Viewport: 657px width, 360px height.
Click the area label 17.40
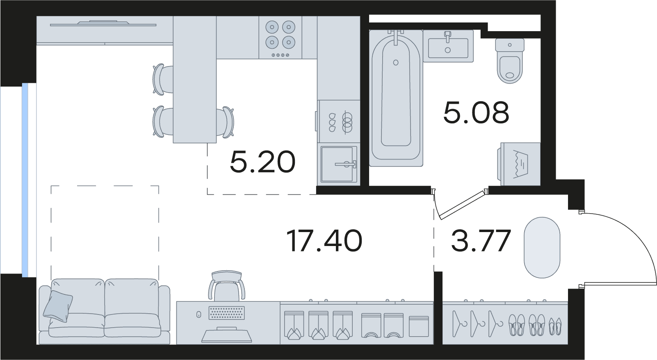324,241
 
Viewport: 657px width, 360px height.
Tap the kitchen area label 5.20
262,162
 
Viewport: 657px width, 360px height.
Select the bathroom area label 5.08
476,112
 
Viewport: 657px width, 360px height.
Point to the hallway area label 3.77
481,241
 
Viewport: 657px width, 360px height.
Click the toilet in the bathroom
510,61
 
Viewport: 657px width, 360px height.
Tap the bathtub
396,98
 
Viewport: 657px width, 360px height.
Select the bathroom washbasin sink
448,46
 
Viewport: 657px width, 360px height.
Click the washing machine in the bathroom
519,164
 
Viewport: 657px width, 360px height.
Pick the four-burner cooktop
281,37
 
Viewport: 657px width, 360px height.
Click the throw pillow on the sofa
58,306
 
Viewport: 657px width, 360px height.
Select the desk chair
226,285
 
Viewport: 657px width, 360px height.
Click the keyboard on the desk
226,313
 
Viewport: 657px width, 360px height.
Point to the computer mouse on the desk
198,314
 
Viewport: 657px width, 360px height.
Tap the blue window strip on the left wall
25,180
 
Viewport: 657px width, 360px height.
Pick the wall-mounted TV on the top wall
103,23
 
